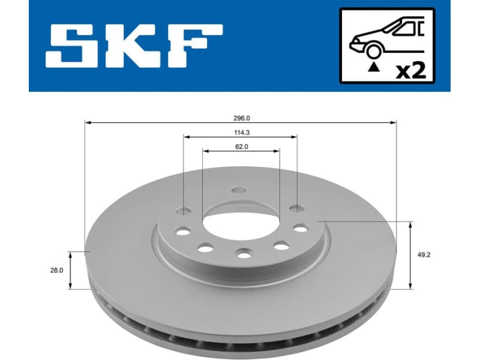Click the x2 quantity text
point(412,71)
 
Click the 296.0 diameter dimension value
point(241,118)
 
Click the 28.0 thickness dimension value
point(56,271)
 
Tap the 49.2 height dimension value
point(424,254)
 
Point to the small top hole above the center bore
point(239,191)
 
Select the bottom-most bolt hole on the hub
point(243,254)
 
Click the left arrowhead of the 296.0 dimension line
point(88,122)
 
